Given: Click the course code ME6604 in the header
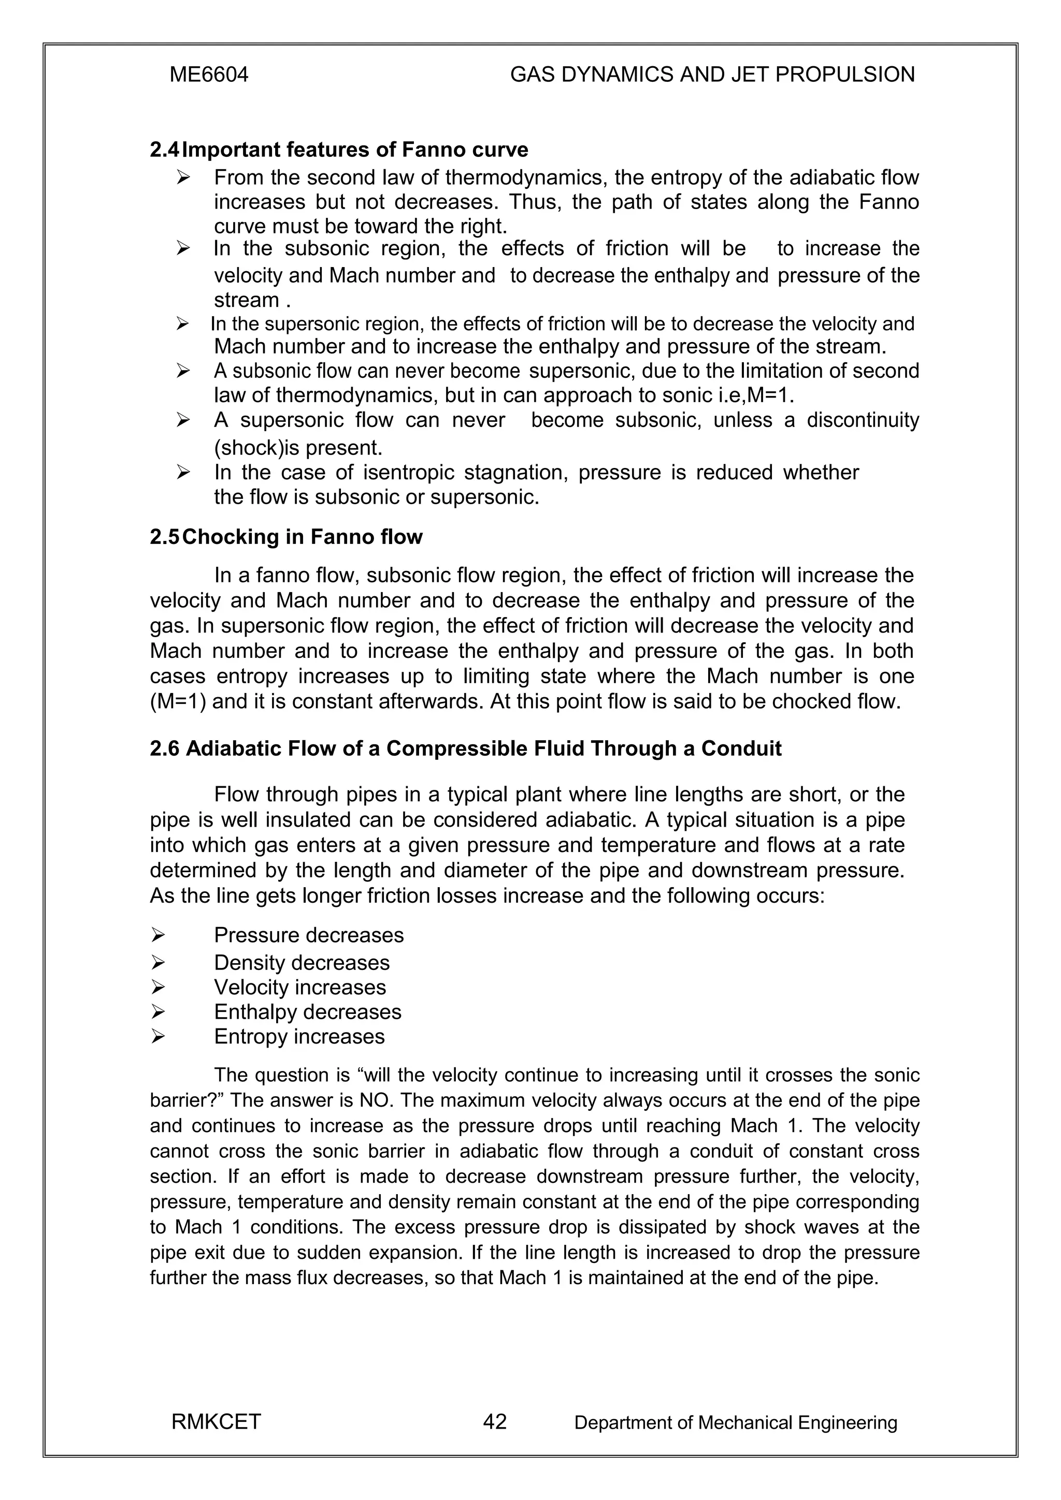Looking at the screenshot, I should pyautogui.click(x=209, y=75).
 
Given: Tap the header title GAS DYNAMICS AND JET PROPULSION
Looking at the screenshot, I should pyautogui.click(x=712, y=75).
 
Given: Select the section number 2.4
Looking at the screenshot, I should pyautogui.click(x=164, y=150).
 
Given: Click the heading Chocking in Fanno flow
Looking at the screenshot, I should pyautogui.click(x=303, y=537).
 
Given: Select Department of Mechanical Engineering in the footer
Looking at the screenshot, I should pyautogui.click(x=736, y=1422).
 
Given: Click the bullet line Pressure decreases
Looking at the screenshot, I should pyautogui.click(x=309, y=935).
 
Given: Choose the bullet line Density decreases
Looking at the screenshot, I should pyautogui.click(x=302, y=963).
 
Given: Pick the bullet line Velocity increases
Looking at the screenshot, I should pyautogui.click(x=300, y=987).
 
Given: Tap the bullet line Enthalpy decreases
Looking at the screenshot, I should pyautogui.click(x=307, y=1012).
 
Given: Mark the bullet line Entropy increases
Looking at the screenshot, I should pyautogui.click(x=299, y=1037).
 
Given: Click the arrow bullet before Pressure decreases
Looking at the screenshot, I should pyautogui.click(x=157, y=935).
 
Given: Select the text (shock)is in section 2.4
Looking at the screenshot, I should pyautogui.click(x=251, y=448).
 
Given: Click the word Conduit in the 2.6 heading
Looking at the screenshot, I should pyautogui.click(x=741, y=748).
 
